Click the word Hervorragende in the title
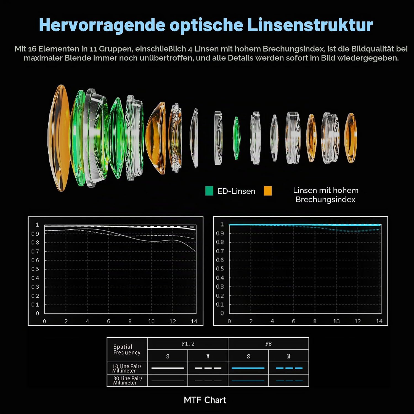coord(102,25)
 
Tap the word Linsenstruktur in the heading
coord(310,25)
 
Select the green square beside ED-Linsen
coord(209,191)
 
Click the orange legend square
coord(268,191)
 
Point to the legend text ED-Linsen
coord(236,191)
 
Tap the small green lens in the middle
coord(236,138)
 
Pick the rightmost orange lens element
coord(351,138)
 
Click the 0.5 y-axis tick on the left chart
coord(35,269)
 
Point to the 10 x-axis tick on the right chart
coord(336,321)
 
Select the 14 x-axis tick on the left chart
coord(194,322)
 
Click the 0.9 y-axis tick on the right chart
coord(220,233)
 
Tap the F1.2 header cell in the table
coord(188,344)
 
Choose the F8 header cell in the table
coord(268,344)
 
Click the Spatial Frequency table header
coord(127,350)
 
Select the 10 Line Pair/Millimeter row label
coord(127,368)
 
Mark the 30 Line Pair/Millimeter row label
coord(128,381)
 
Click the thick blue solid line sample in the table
coord(248,368)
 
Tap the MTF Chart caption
coord(205,400)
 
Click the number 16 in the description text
coord(32,49)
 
